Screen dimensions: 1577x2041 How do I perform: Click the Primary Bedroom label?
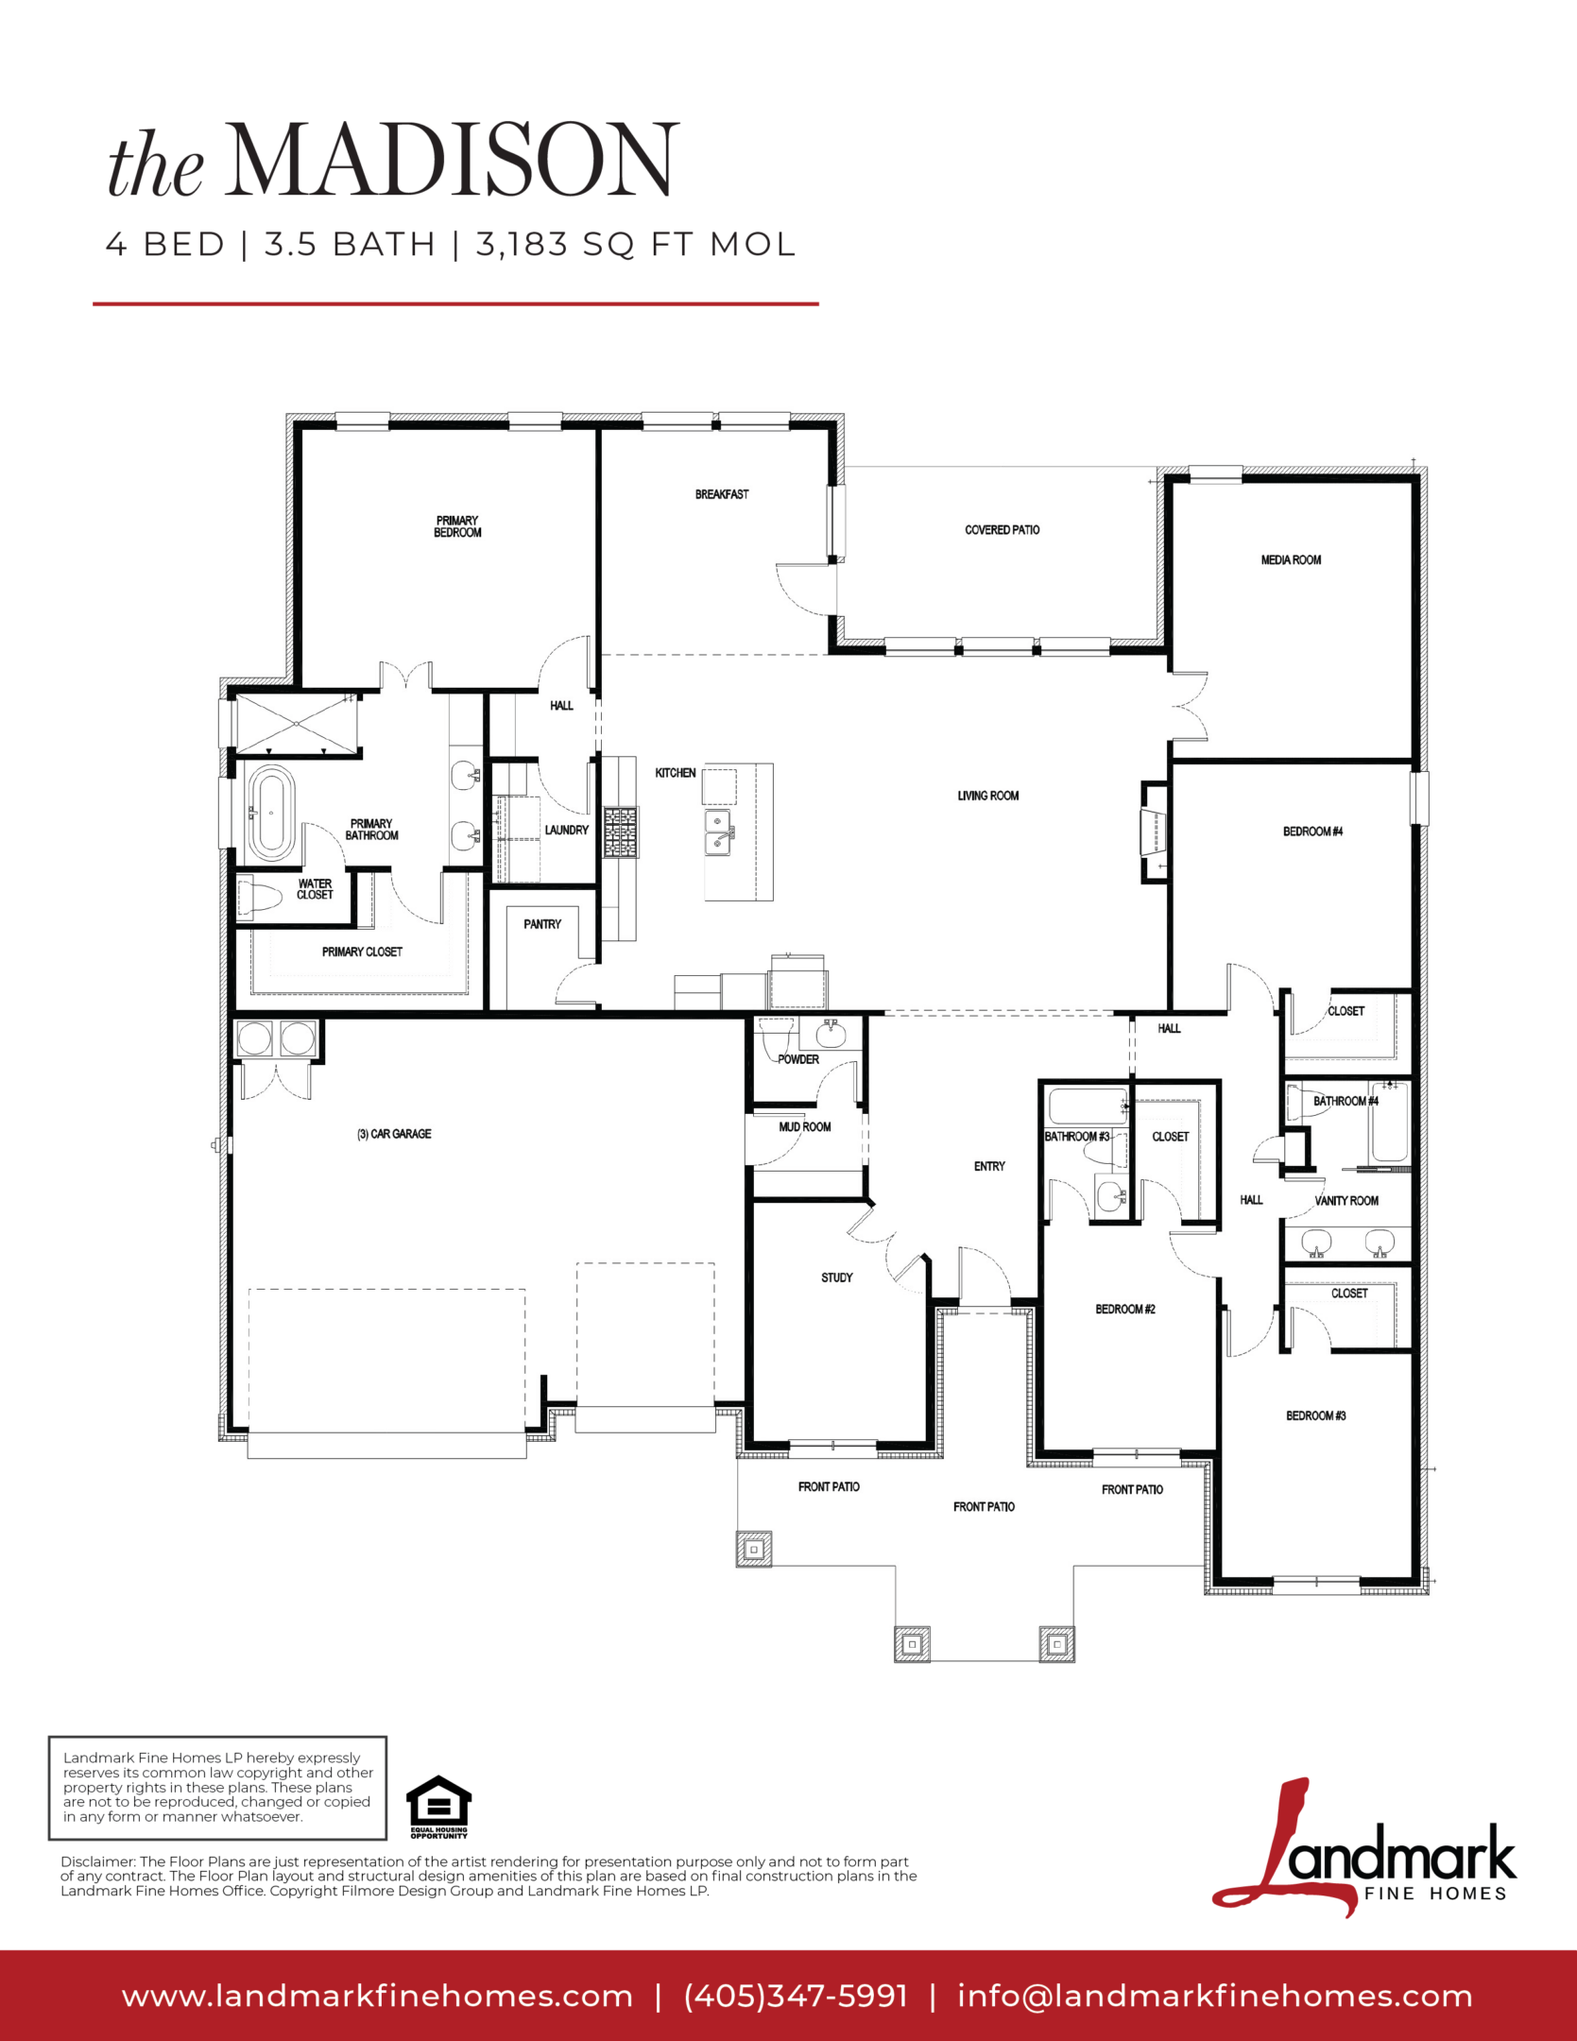[457, 526]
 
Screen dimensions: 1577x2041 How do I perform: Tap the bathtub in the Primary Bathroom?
[270, 813]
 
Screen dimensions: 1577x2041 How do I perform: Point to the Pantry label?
[542, 924]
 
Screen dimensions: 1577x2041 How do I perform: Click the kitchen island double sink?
[719, 832]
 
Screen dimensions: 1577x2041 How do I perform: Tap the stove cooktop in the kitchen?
[621, 832]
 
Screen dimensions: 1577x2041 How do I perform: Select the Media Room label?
[1291, 560]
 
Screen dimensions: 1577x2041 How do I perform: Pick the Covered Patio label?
[1002, 530]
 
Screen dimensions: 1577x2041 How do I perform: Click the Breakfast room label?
[722, 494]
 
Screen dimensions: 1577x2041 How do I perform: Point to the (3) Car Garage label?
[394, 1134]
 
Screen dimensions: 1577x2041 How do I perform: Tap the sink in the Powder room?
[831, 1034]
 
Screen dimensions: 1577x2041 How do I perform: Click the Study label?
[836, 1278]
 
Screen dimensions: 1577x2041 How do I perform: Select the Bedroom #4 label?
[1312, 832]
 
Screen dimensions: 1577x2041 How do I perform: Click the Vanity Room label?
[1346, 1201]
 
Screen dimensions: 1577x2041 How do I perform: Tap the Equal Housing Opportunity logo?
[438, 1807]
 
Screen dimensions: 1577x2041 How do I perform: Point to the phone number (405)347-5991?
[796, 1996]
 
